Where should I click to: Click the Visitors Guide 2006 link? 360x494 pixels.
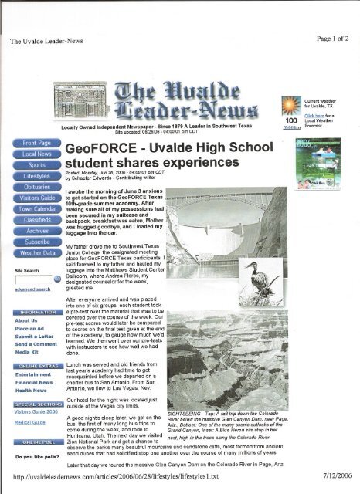click(30, 411)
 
